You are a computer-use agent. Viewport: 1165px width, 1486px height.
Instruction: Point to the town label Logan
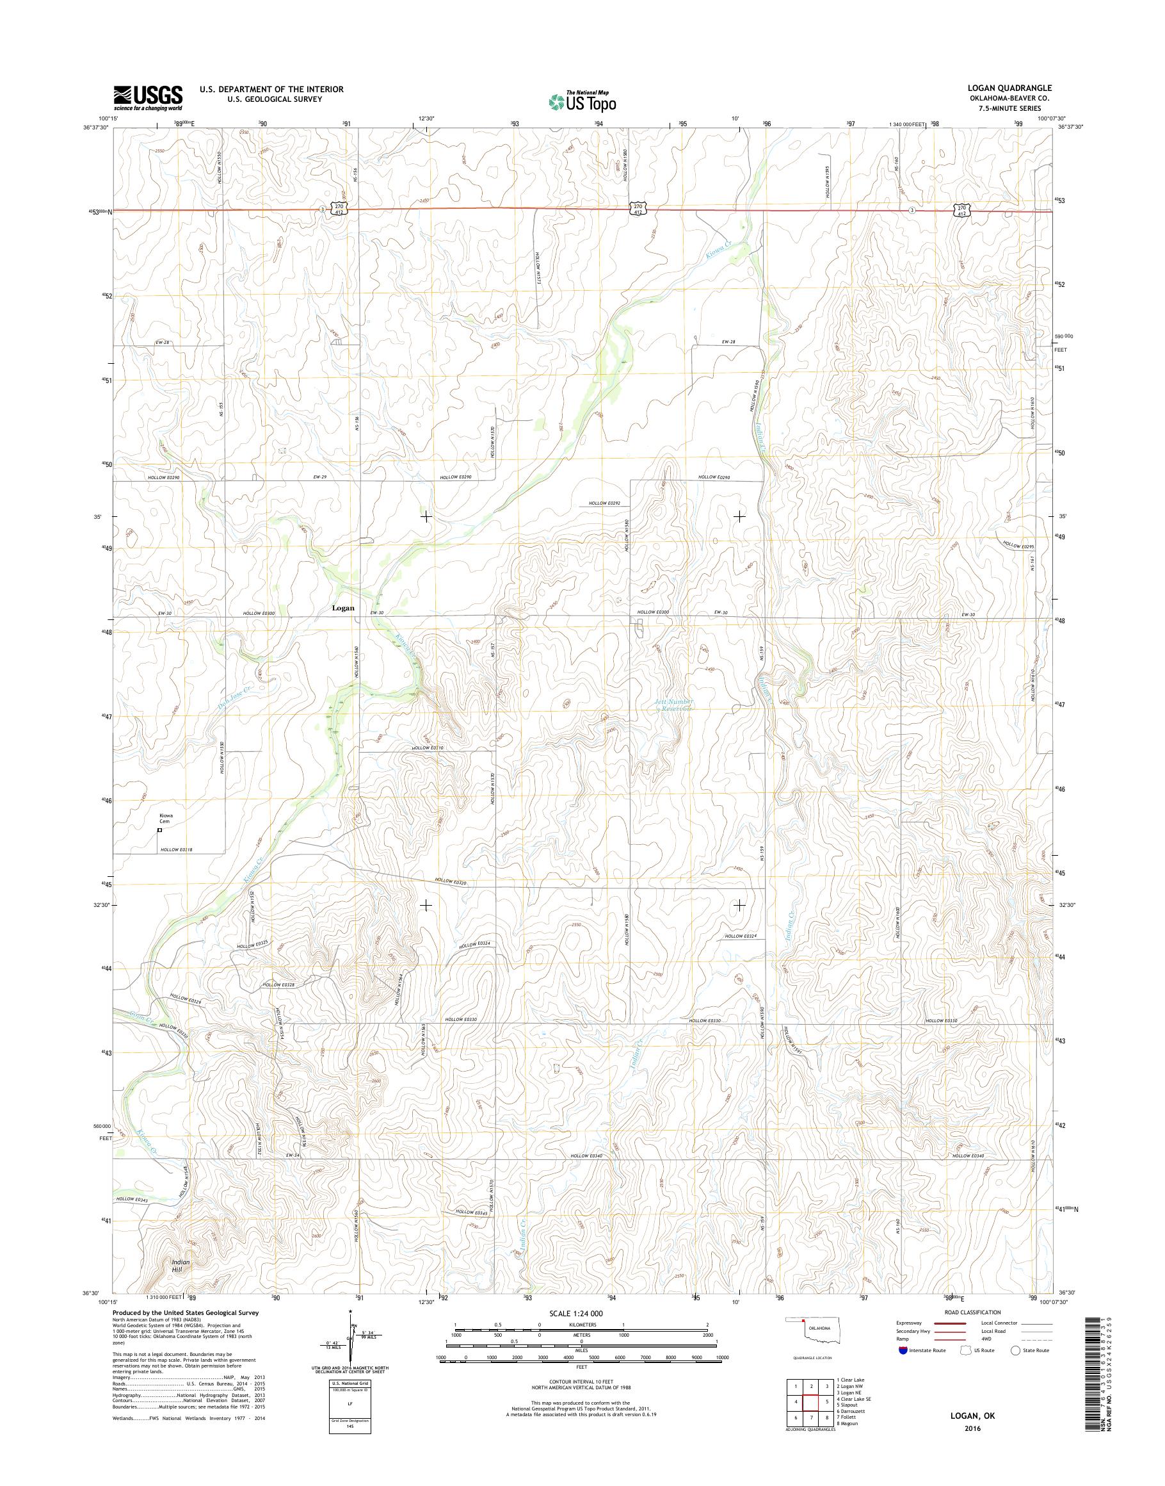[342, 607]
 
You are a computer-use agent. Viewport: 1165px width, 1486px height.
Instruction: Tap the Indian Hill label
[181, 1266]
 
